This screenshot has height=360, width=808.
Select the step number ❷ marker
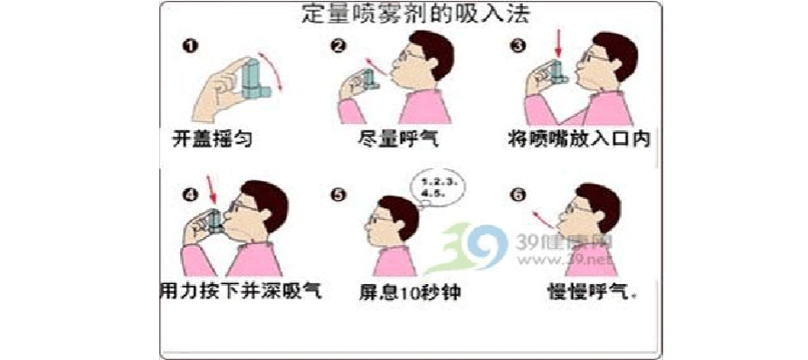[x=340, y=46]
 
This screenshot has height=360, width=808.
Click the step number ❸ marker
[x=517, y=46]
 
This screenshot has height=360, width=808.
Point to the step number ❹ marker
[x=189, y=193]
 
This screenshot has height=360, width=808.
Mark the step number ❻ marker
[x=517, y=193]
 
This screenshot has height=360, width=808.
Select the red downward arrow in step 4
[x=214, y=191]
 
